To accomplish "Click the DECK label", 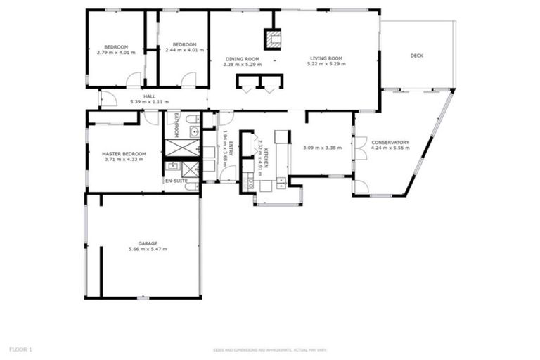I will coord(416,55).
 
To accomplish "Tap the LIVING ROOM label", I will coord(326,58).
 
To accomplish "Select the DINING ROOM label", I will coord(242,58).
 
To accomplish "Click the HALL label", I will coord(149,96).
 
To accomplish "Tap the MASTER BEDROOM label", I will coord(124,153).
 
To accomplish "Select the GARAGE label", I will coord(148,243).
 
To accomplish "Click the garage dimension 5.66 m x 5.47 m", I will coord(148,250).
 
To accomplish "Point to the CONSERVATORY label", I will coord(390,142).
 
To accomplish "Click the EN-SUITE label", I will coord(176,181).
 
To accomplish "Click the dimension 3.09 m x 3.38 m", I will coord(322,148).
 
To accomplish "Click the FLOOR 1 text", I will coord(20,348).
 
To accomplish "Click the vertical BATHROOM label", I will coord(176,125).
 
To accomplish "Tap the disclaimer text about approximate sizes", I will coord(270,349).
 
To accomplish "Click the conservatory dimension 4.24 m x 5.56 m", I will coord(390,148).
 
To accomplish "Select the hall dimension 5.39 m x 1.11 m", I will coord(149,103).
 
